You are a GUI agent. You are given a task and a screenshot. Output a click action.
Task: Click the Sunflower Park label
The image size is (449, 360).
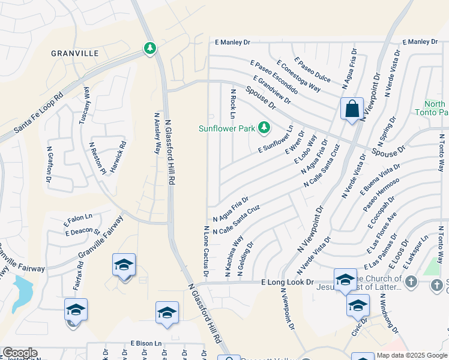coord(228,128)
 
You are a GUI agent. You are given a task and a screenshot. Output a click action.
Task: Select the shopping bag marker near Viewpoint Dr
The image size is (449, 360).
coord(352,109)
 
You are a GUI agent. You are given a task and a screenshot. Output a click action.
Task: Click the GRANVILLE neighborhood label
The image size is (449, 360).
coord(75,53)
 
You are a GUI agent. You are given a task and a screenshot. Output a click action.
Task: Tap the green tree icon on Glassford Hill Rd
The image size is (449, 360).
coord(149,47)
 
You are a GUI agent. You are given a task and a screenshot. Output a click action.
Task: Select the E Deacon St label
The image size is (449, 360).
coord(82,231)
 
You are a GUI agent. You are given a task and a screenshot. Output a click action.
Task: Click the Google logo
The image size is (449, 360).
coord(20,353)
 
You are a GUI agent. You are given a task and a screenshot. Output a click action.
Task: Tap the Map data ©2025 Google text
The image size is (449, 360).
coord(412,355)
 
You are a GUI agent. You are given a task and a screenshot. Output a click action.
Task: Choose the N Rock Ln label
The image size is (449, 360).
coord(233,104)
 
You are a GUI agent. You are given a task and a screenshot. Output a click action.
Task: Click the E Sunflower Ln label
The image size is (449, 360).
coord(276,139)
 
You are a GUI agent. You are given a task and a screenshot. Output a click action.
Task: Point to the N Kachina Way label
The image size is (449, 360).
coord(234,256)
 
